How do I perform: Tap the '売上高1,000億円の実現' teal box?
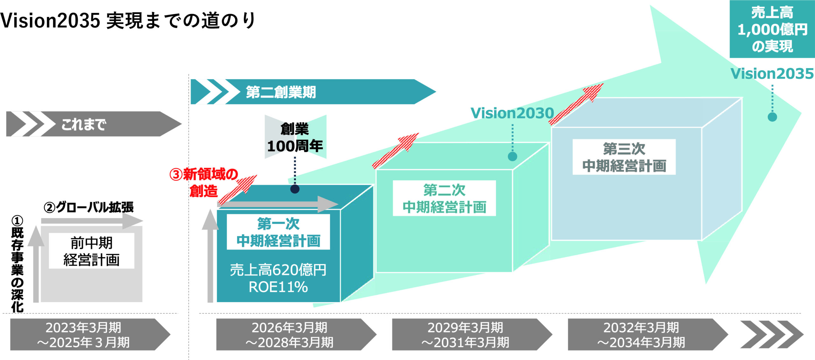pos(772,29)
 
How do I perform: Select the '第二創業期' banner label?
pos(280,92)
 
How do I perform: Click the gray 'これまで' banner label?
pos(83,124)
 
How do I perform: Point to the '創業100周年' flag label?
pos(295,138)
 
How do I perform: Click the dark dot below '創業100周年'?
pos(295,189)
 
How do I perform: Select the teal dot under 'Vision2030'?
pos(512,156)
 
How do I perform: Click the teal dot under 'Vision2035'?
pos(772,117)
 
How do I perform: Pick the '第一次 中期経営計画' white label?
pos(278,232)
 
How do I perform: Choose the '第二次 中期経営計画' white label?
pos(444,198)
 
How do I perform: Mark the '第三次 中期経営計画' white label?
pos(624,157)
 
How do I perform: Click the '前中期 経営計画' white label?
pos(91,251)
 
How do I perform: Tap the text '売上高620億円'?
pos(278,270)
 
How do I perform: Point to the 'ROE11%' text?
pos(278,287)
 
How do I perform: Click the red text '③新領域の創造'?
pos(204,183)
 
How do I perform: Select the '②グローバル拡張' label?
pos(89,207)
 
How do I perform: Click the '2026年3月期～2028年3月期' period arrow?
pos(290,335)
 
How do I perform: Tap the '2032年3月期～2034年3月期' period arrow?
pos(641,335)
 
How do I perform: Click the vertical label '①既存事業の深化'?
pos(17,264)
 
